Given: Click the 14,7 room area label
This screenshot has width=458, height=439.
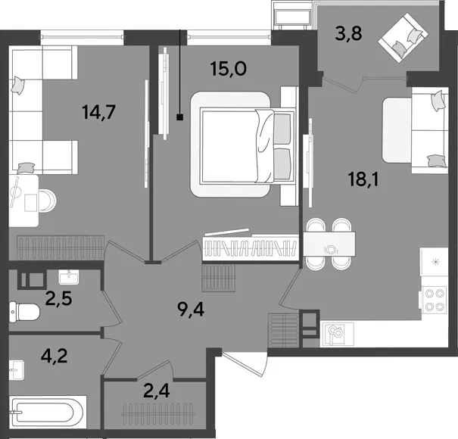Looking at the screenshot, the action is [99, 112].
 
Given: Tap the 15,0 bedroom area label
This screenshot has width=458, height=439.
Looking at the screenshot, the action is [229, 69].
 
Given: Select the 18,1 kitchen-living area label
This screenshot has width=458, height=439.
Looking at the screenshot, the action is [363, 179].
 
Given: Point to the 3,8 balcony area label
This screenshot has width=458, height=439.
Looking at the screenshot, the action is [348, 33].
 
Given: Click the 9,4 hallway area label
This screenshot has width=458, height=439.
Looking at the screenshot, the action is [191, 310].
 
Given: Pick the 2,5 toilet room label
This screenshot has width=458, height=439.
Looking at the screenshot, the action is [59, 298].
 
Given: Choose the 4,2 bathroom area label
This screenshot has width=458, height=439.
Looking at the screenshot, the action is [55, 356].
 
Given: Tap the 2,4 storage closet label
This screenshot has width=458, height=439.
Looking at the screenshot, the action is [157, 391].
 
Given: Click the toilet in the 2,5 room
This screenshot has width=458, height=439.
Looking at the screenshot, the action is [24, 313].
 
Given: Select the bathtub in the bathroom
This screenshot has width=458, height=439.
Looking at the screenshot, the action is [48, 412].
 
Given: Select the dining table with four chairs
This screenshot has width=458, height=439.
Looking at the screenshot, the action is [329, 244].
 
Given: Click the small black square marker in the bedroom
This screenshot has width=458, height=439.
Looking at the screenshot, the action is [180, 117].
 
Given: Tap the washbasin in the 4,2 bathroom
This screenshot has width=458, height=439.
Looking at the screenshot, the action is [17, 370].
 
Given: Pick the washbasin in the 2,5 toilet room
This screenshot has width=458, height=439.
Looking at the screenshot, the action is [69, 277].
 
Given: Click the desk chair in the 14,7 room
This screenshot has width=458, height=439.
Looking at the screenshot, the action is [48, 201].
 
